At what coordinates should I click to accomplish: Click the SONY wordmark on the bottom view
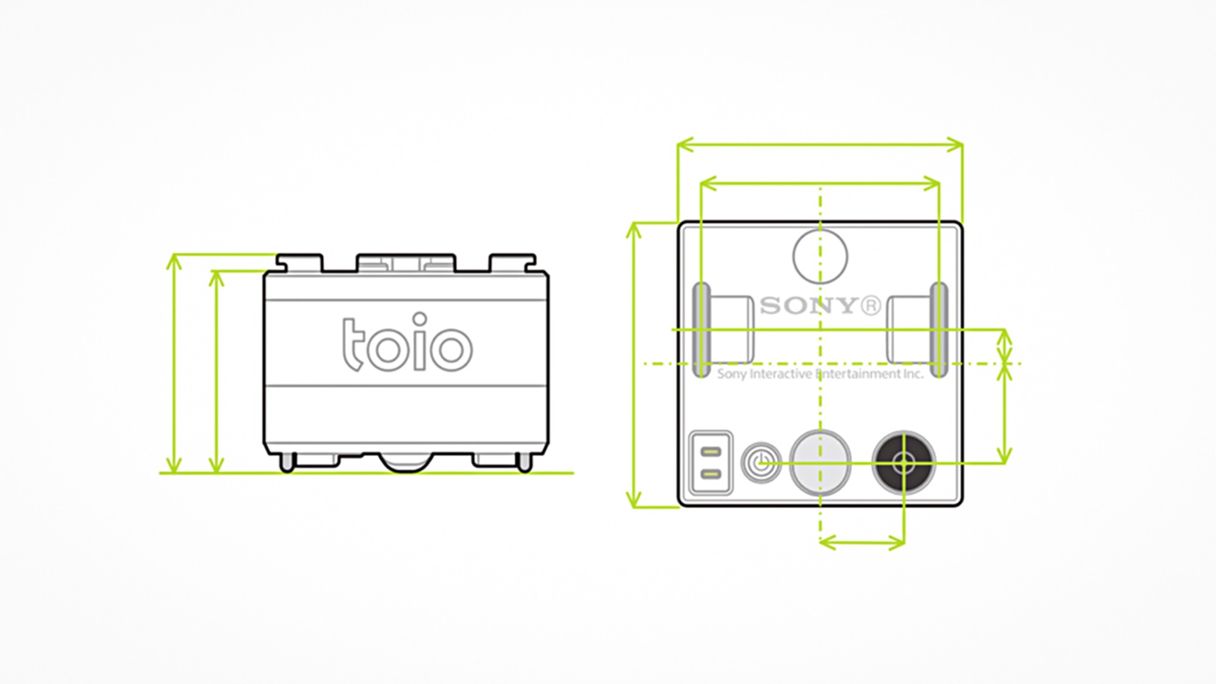pos(808,306)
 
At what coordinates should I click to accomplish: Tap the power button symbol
pos(761,463)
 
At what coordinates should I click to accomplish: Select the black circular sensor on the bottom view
pos(903,463)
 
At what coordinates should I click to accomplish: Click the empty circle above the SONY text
pos(820,256)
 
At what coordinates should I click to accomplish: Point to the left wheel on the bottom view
pos(701,330)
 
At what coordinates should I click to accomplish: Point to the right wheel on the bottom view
pos(939,330)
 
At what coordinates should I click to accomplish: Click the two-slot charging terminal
pos(711,463)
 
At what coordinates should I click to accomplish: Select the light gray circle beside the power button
pos(820,462)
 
